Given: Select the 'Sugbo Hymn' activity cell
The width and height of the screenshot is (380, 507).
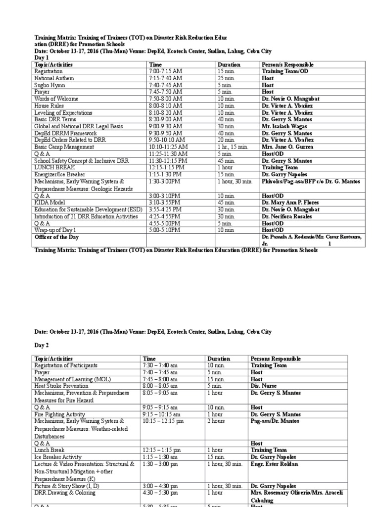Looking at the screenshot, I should pyautogui.click(x=49, y=85).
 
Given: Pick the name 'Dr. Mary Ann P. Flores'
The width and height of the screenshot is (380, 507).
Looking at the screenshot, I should pyautogui.click(x=290, y=203).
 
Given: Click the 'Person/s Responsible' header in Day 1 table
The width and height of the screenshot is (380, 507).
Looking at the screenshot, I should pyautogui.click(x=287, y=64).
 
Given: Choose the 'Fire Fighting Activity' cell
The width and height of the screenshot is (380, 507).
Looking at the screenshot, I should pyautogui.click(x=59, y=414).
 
